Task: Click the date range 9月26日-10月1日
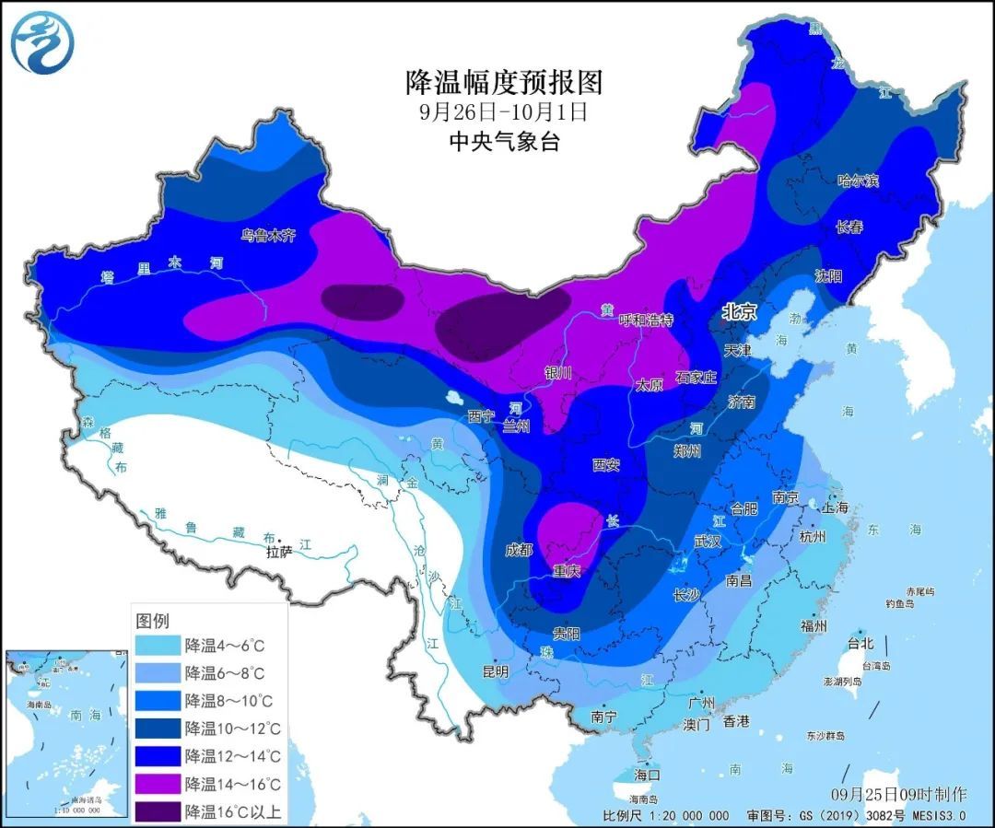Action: pos(503,112)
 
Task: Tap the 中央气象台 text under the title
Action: pos(503,142)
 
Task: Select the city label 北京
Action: pos(739,313)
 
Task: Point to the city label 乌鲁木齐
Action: pos(268,236)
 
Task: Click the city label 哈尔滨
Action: pos(857,181)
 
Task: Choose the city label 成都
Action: pos(519,550)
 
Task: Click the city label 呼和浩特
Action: pos(646,320)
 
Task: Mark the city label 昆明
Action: pos(495,671)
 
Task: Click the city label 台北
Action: pos(860,643)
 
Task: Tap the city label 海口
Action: pos(647,774)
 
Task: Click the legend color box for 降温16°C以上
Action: pos(157,811)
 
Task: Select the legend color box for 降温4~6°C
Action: pos(157,645)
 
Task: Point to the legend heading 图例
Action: pos(152,620)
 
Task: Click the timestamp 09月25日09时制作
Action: pos(898,793)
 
